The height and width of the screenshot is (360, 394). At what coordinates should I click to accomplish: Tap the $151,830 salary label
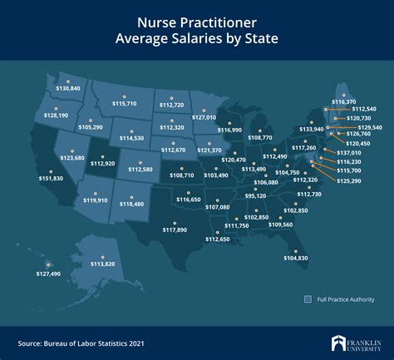coord(51,178)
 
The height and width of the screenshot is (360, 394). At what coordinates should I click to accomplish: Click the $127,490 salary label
coord(48,274)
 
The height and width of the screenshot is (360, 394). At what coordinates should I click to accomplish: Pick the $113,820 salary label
coord(102,264)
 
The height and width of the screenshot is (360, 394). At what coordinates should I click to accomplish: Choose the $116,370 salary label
coord(343,101)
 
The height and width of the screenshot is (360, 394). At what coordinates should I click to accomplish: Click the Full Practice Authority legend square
coord(308,298)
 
